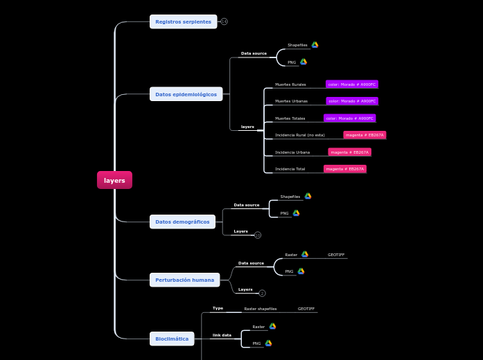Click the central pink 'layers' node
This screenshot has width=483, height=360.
pyautogui.click(x=114, y=180)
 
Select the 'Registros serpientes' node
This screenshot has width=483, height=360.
pyautogui.click(x=183, y=21)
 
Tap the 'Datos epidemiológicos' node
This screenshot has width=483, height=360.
pyautogui.click(x=186, y=94)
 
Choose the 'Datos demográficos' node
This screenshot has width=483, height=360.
pyautogui.click(x=182, y=222)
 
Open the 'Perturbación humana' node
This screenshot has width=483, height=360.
pyautogui.click(x=184, y=280)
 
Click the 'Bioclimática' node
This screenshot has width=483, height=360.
pyautogui.click(x=172, y=339)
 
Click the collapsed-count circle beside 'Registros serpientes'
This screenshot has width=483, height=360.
pyautogui.click(x=224, y=21)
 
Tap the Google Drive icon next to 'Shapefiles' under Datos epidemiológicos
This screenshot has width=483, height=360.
pyautogui.click(x=315, y=45)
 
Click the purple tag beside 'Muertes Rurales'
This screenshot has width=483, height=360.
pyautogui.click(x=352, y=84)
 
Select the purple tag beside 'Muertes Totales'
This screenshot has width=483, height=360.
pyautogui.click(x=349, y=118)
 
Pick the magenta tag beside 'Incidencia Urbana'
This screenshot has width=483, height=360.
pyautogui.click(x=349, y=152)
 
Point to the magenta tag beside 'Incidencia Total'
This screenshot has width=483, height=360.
pyautogui.click(x=345, y=169)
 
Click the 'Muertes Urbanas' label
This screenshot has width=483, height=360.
pyautogui.click(x=291, y=101)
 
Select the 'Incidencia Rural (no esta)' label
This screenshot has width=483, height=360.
pyautogui.click(x=299, y=135)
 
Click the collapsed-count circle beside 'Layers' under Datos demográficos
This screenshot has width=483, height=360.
pyautogui.click(x=258, y=235)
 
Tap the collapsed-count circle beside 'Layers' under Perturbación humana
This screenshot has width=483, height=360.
pyautogui.click(x=262, y=294)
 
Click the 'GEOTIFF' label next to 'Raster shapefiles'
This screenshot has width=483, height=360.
pyautogui.click(x=306, y=309)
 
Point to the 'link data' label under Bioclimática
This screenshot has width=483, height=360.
pyautogui.click(x=222, y=335)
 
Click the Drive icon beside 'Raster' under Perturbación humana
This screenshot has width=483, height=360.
pyautogui.click(x=304, y=255)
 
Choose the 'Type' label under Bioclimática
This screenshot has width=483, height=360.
pyautogui.click(x=218, y=308)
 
